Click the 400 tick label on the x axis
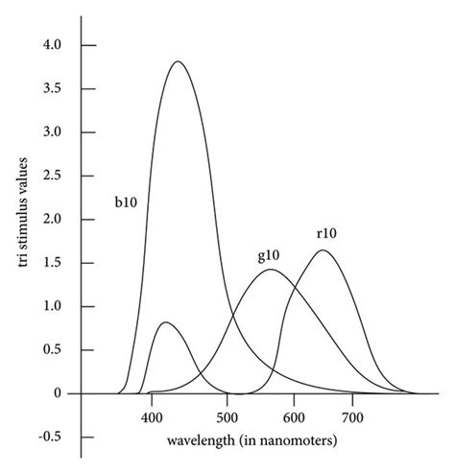click(x=151, y=418)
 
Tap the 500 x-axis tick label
click(x=227, y=418)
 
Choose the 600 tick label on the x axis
click(x=292, y=418)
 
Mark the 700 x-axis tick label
click(x=352, y=418)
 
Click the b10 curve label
click(x=126, y=203)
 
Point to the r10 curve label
click(x=327, y=233)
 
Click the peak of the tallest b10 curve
click(x=178, y=62)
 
